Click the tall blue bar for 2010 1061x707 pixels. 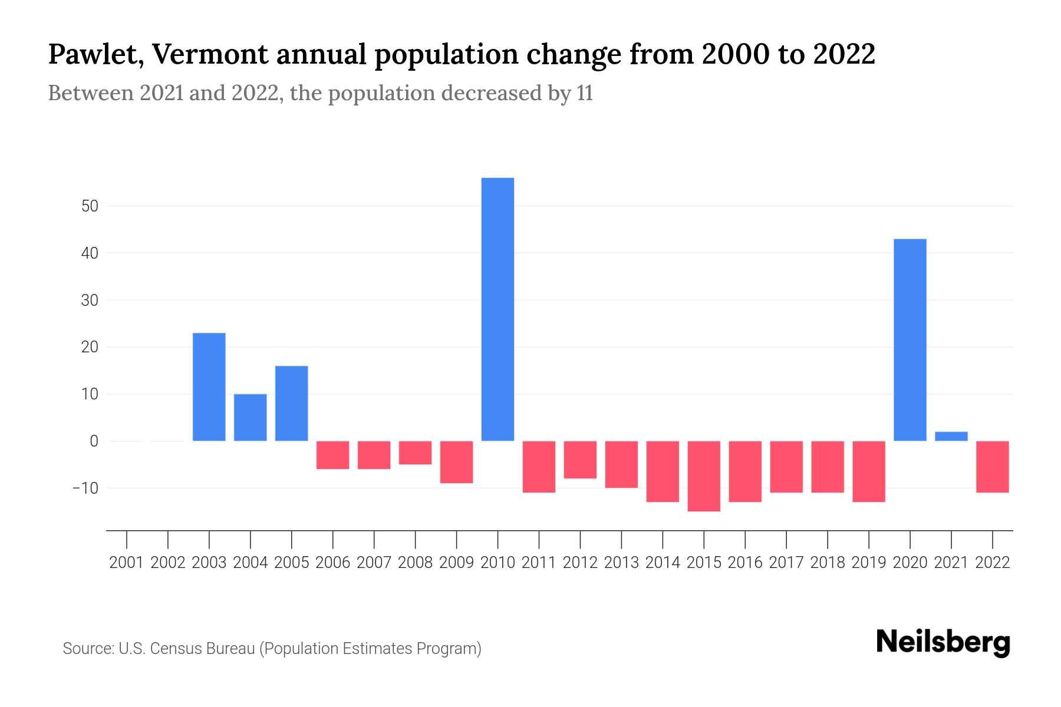(497, 309)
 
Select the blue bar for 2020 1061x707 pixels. (910, 340)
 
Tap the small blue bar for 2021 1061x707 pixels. (951, 436)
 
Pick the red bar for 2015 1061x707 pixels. (704, 476)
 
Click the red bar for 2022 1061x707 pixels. (993, 467)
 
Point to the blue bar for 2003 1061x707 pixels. (209, 387)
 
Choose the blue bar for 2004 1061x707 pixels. (251, 417)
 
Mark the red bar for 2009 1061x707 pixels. (457, 462)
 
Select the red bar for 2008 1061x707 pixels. (416, 452)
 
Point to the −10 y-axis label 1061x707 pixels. (85, 488)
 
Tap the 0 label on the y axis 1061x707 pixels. (94, 441)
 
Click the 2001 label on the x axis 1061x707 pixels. (127, 563)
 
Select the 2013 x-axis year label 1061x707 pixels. (621, 563)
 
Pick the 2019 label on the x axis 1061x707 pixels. (869, 563)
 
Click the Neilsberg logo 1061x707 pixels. (943, 642)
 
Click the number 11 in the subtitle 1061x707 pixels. (585, 93)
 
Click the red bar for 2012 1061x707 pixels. (580, 460)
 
